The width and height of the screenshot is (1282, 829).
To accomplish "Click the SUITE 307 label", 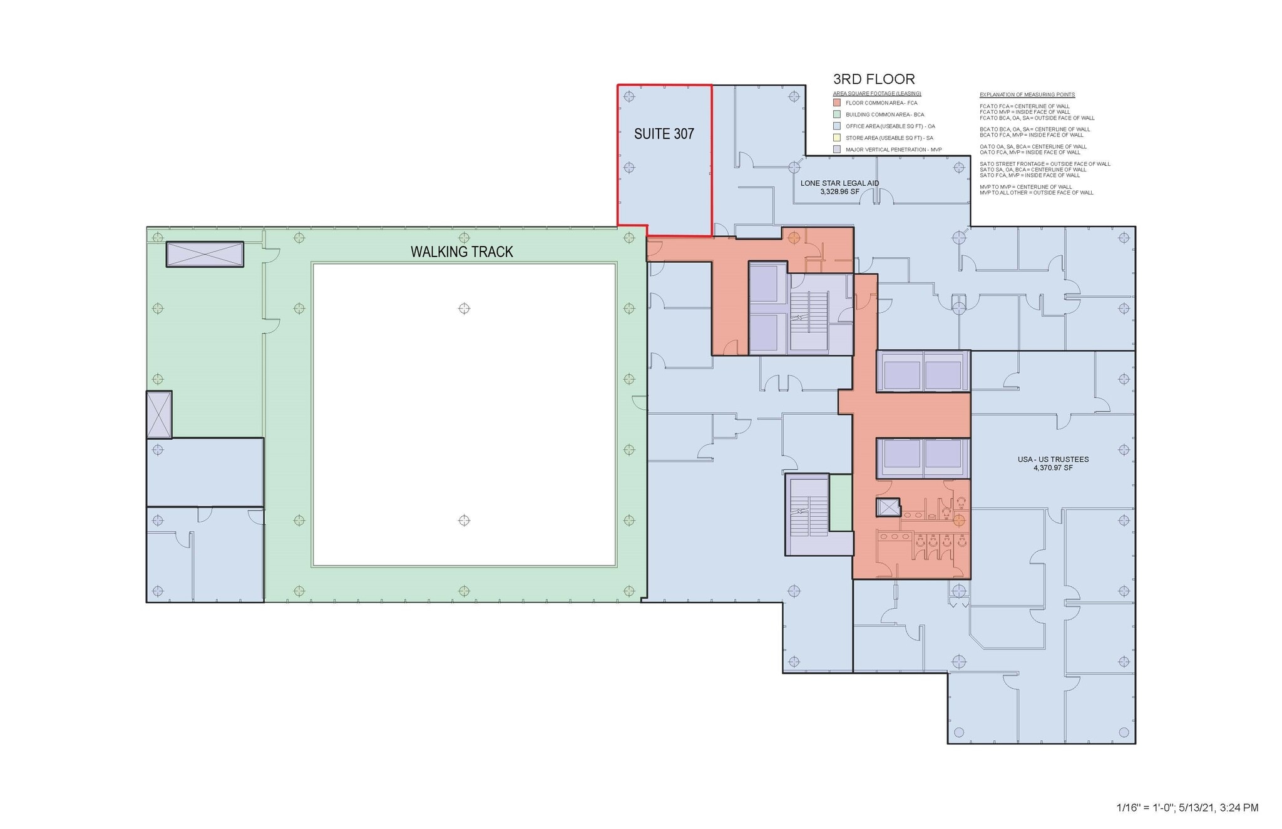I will (664, 134).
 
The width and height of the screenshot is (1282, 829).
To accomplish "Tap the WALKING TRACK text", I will (461, 252).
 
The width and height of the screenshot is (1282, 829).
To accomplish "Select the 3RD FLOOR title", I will (873, 79).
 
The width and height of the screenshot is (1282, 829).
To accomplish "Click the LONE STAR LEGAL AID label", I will (839, 183).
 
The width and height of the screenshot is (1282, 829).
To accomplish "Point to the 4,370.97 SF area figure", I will (1053, 468).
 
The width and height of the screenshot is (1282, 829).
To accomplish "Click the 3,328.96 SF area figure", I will (839, 191).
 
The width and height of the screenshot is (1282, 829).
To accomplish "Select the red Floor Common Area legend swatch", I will (837, 103).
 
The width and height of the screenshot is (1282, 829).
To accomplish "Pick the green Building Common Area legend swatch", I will (837, 114).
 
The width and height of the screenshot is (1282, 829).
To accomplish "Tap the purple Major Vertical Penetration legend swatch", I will (837, 150).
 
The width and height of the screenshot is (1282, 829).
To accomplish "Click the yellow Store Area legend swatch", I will (837, 138).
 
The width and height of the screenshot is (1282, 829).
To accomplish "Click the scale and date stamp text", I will (1187, 808).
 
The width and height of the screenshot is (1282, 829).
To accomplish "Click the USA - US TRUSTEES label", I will (1053, 459).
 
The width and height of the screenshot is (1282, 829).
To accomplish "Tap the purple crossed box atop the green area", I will (205, 255).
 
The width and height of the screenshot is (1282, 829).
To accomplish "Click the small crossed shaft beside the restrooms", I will (888, 507).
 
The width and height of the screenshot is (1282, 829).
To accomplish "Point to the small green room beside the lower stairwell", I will (841, 502).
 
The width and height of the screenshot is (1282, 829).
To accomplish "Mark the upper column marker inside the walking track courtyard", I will (464, 308).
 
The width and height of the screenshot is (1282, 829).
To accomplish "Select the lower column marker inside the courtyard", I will (464, 520).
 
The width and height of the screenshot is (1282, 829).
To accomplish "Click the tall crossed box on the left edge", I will (159, 414).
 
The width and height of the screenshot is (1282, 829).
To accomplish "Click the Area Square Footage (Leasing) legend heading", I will (876, 94).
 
